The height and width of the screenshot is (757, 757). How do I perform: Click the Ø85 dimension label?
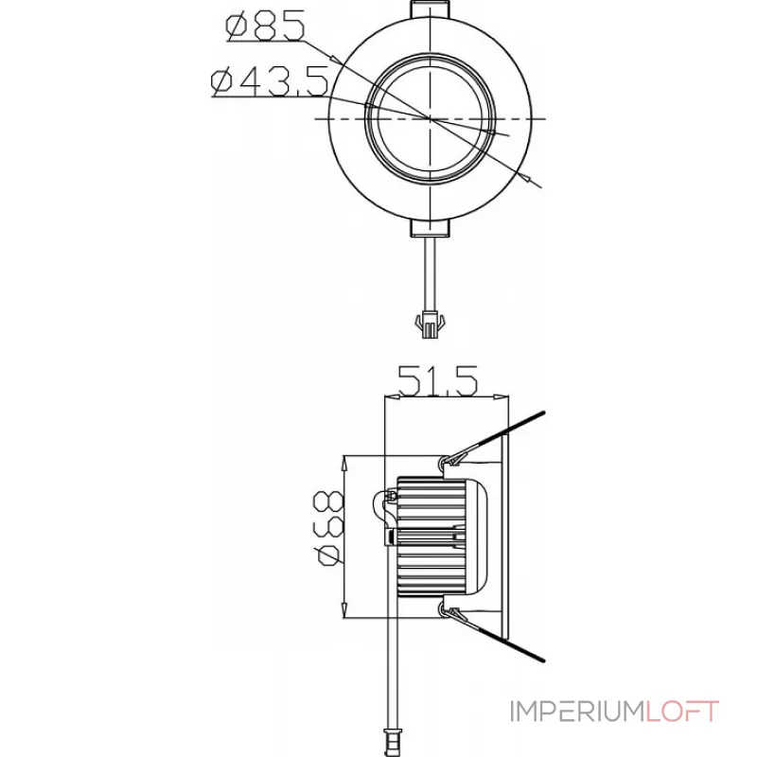click(266, 26)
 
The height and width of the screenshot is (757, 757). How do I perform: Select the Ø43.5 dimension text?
click(271, 80)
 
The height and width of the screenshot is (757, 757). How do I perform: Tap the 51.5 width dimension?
click(438, 381)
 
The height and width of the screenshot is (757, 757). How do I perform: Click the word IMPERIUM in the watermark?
click(577, 712)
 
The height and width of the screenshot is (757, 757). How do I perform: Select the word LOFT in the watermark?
click(682, 712)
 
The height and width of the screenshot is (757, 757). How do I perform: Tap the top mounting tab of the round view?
click(431, 9)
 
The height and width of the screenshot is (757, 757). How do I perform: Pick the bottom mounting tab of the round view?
click(431, 228)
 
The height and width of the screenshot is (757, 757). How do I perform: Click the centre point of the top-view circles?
click(431, 118)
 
